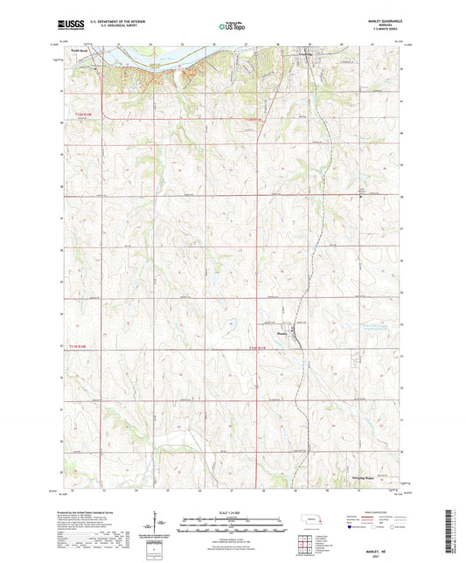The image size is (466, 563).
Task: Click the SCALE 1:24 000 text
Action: click(231, 511)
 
